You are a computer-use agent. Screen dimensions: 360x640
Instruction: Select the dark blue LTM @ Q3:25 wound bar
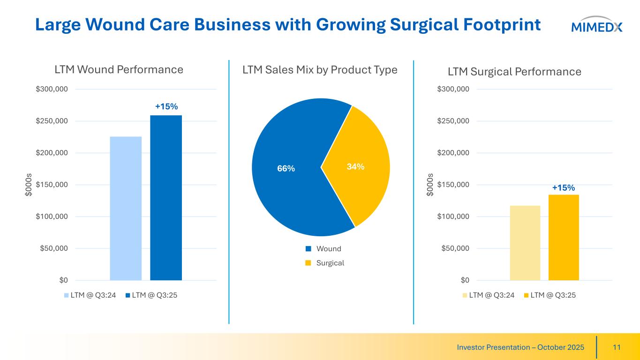[166, 197]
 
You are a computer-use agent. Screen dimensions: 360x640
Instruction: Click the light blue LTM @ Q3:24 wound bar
[126, 208]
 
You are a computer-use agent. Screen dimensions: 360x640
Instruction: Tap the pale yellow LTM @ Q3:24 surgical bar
[525, 243]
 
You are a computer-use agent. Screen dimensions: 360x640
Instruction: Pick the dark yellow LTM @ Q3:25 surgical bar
[564, 237]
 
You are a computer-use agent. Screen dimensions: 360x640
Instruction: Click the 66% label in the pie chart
[286, 168]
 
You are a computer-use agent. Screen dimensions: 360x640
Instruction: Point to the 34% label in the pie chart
[355, 166]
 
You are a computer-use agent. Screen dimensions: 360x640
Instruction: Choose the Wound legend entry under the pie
[328, 248]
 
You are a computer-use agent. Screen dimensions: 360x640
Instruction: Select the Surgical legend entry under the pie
[330, 263]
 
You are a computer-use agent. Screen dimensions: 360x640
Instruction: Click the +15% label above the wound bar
[166, 107]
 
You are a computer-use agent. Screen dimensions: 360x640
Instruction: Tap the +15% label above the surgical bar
[563, 187]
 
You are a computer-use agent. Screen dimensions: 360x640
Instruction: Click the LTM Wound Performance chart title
[119, 70]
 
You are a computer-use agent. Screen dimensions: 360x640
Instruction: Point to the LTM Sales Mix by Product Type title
[320, 70]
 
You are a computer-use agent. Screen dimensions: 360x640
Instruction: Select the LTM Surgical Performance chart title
[514, 72]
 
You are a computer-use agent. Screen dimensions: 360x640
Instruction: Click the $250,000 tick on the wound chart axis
[52, 121]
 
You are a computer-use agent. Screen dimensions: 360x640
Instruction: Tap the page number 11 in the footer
[617, 347]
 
